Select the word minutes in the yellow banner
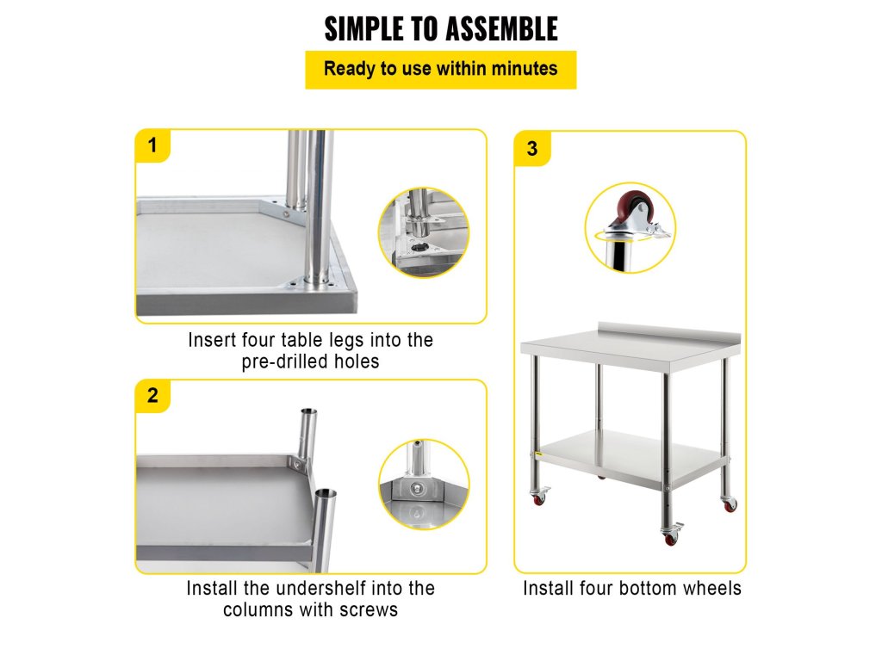click(525, 69)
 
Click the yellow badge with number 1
click(152, 145)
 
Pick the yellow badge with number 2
click(152, 396)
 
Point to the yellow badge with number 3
click(531, 149)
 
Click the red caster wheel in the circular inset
click(636, 209)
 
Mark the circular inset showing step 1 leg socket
click(424, 232)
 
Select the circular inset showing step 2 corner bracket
click(424, 484)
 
